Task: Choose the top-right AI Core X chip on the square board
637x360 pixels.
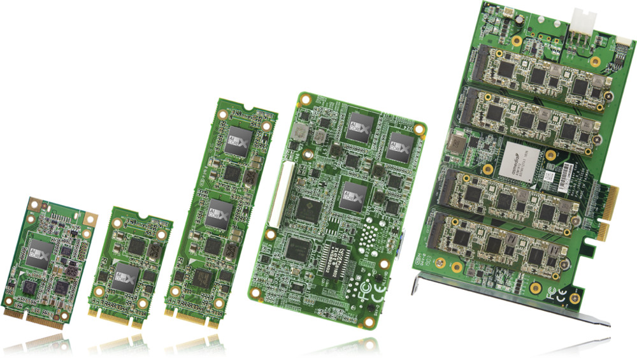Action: (399, 145)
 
